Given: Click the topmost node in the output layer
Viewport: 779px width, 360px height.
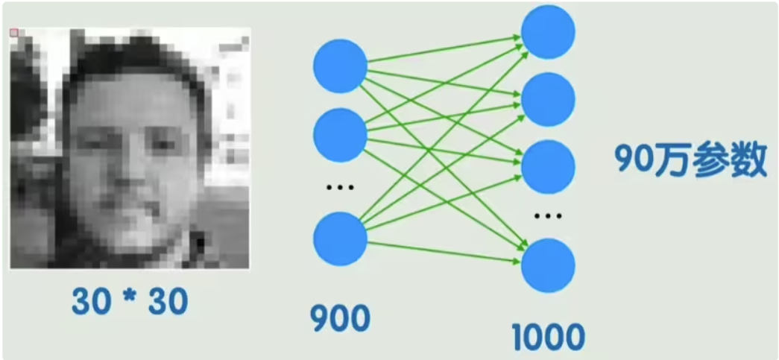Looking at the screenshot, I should (548, 31).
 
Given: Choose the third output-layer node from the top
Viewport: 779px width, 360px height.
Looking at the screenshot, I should (548, 167).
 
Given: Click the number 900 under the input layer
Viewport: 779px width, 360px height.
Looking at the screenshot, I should (340, 319).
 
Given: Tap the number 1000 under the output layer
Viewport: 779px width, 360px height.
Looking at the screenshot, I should (548, 338).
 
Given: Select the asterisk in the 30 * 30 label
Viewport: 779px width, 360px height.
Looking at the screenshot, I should (130, 299).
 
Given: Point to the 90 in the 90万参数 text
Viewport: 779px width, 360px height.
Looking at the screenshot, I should (634, 160).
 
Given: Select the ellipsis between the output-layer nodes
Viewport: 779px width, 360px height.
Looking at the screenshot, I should (548, 217).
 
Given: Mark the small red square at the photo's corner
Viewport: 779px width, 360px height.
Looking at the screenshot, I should (14, 33).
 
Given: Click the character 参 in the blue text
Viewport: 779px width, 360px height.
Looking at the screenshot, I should (709, 160).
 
